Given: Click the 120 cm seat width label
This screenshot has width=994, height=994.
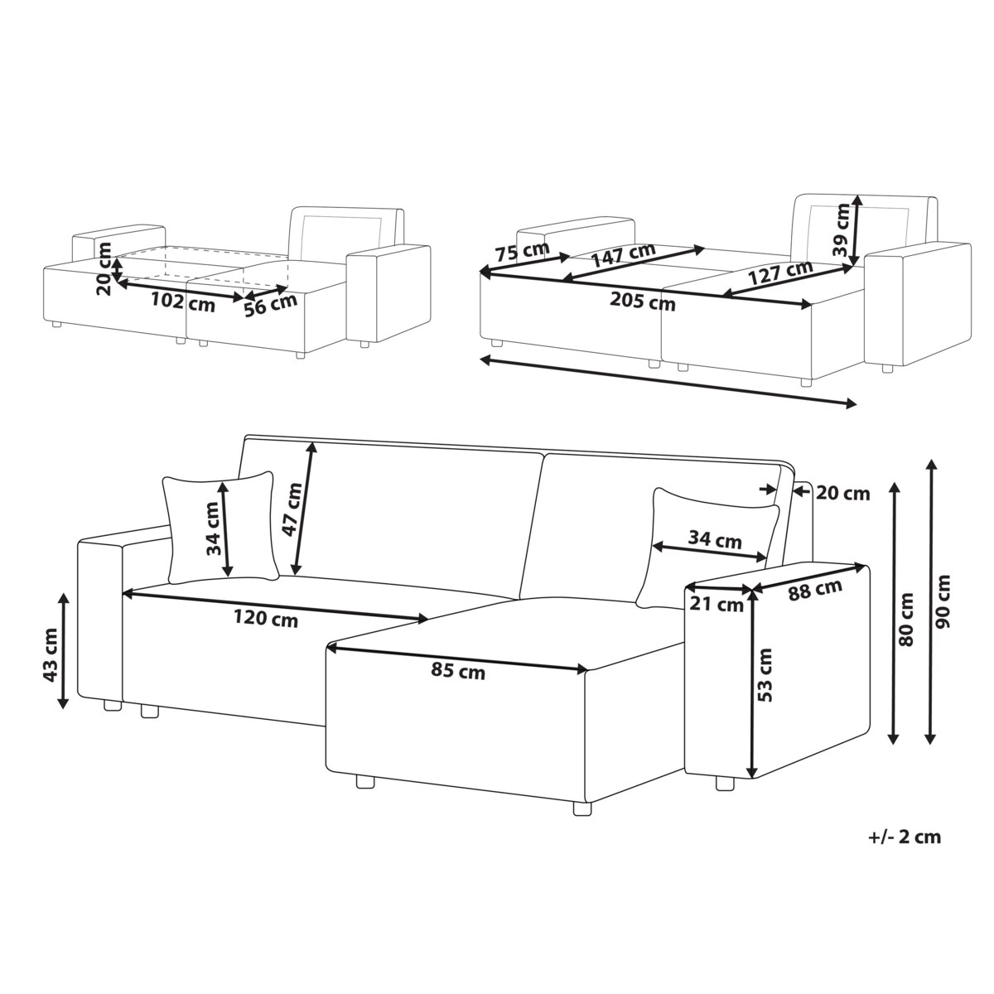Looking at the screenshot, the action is coord(266,619).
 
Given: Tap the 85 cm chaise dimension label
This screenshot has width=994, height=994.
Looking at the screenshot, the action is coord(458,672).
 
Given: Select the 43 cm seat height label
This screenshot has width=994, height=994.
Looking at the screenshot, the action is coord(51,654).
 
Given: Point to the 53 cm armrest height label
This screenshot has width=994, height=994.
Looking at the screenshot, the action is coord(766,675).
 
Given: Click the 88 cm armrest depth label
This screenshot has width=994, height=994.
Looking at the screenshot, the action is coord(815,590).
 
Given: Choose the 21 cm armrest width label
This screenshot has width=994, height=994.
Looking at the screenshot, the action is coord(717,604).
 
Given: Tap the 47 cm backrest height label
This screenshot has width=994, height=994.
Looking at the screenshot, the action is coord(292,509).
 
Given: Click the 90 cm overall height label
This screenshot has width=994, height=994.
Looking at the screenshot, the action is coord(943,601).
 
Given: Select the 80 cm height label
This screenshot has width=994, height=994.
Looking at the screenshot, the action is coord(905,620).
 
